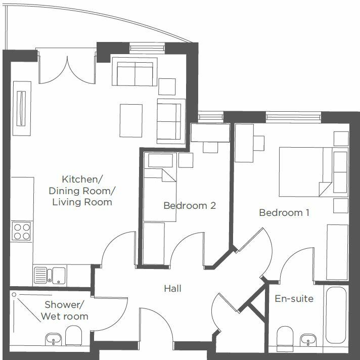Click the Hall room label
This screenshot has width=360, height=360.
pyautogui.click(x=172, y=289)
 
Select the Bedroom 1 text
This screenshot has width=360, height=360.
pyautogui.click(x=284, y=212)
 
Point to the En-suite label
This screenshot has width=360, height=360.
pyautogui.click(x=294, y=299)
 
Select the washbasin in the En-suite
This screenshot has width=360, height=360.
pyautogui.click(x=307, y=338)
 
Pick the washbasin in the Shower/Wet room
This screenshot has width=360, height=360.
pyautogui.click(x=53, y=338)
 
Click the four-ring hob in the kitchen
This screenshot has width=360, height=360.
pyautogui.click(x=22, y=232)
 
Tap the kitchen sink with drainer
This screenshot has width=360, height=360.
pyautogui.click(x=50, y=276)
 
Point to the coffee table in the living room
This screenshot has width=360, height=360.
pyautogui.click(x=131, y=120)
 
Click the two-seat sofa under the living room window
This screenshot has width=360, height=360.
pyautogui.click(x=134, y=74)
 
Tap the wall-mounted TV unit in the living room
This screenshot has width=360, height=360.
pyautogui.click(x=21, y=108)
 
